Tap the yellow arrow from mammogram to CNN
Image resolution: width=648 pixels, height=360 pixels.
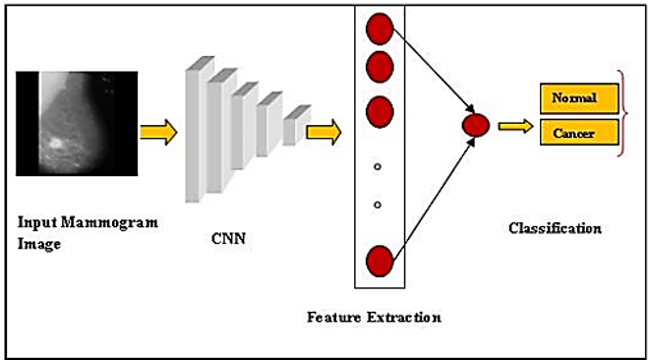click(158, 131)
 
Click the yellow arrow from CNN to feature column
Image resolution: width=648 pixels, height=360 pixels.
click(324, 129)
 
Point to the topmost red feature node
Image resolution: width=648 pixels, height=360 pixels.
click(380, 30)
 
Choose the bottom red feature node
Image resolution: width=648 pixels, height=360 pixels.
click(380, 262)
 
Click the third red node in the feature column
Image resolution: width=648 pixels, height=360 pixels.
click(380, 110)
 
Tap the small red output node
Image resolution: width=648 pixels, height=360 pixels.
click(476, 125)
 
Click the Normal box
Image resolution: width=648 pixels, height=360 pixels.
click(580, 98)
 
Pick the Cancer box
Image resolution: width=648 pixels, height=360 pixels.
click(580, 132)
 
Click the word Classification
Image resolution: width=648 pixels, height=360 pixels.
click(555, 228)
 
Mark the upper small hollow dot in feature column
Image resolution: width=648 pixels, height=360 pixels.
click(378, 167)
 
